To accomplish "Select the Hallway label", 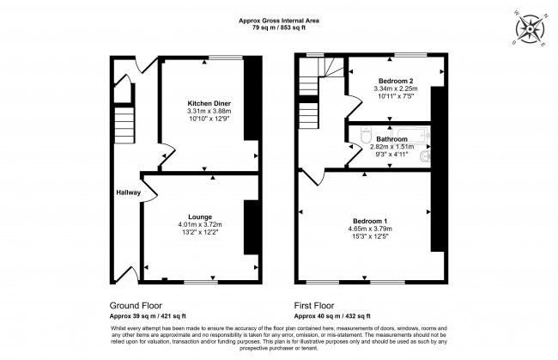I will (129, 192).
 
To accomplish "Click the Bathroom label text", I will (391, 137).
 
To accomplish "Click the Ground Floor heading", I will (135, 306).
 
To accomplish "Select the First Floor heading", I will (315, 306).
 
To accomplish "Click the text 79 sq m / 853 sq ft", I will (279, 27).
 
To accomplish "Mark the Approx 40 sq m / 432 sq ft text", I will (337, 317).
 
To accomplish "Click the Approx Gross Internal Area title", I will (279, 19).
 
